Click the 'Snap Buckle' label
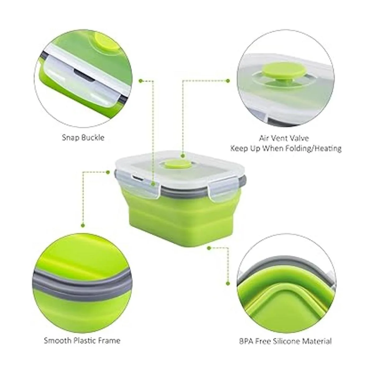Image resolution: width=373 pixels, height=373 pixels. [x=83, y=138]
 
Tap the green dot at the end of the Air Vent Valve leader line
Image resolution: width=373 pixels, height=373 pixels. [x=228, y=81]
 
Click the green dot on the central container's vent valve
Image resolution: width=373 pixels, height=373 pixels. [x=182, y=155]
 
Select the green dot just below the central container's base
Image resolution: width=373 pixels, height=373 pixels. [x=209, y=248]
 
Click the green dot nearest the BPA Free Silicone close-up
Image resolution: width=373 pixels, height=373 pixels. [x=228, y=283]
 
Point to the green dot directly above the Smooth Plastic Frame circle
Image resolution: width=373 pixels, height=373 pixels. [x=83, y=225]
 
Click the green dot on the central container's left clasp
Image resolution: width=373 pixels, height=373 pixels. [x=154, y=184]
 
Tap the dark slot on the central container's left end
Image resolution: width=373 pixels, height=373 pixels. [x=138, y=178]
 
